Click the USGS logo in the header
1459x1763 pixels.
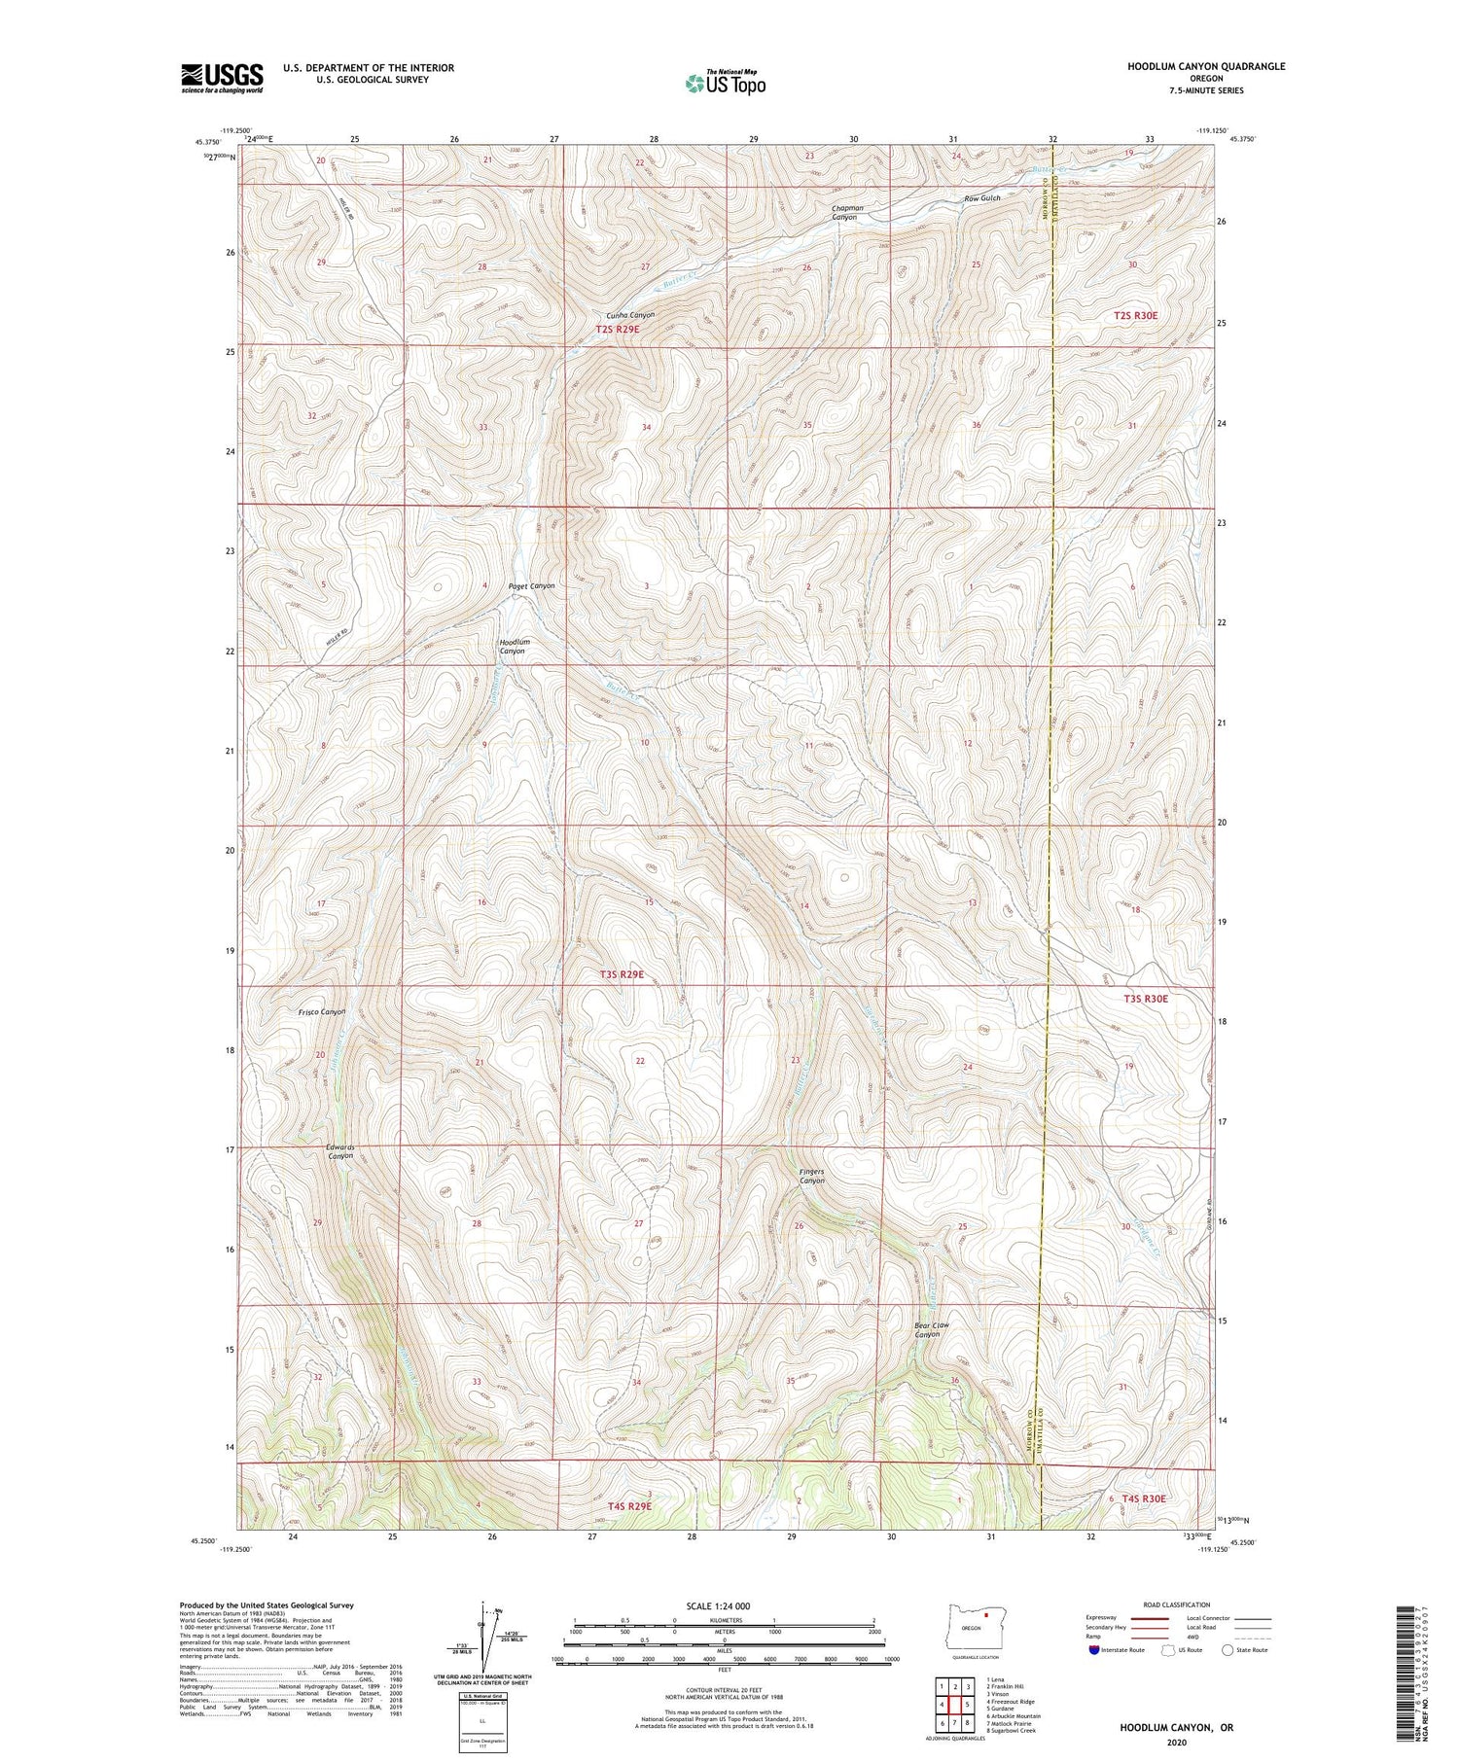click(x=222, y=78)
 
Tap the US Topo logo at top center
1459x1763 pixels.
click(x=725, y=83)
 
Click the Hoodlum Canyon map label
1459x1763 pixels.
click(x=514, y=647)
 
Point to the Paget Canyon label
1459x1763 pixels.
click(x=532, y=585)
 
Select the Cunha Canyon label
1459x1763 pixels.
click(x=630, y=315)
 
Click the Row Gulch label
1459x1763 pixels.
click(x=982, y=198)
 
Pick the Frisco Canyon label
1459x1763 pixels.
click(x=322, y=1012)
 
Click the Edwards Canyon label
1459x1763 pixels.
click(x=340, y=1151)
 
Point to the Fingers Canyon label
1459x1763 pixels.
click(x=812, y=1176)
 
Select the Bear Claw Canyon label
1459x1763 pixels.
click(x=931, y=1329)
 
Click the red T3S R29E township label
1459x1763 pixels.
click(x=622, y=974)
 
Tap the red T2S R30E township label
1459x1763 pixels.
click(x=1135, y=315)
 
